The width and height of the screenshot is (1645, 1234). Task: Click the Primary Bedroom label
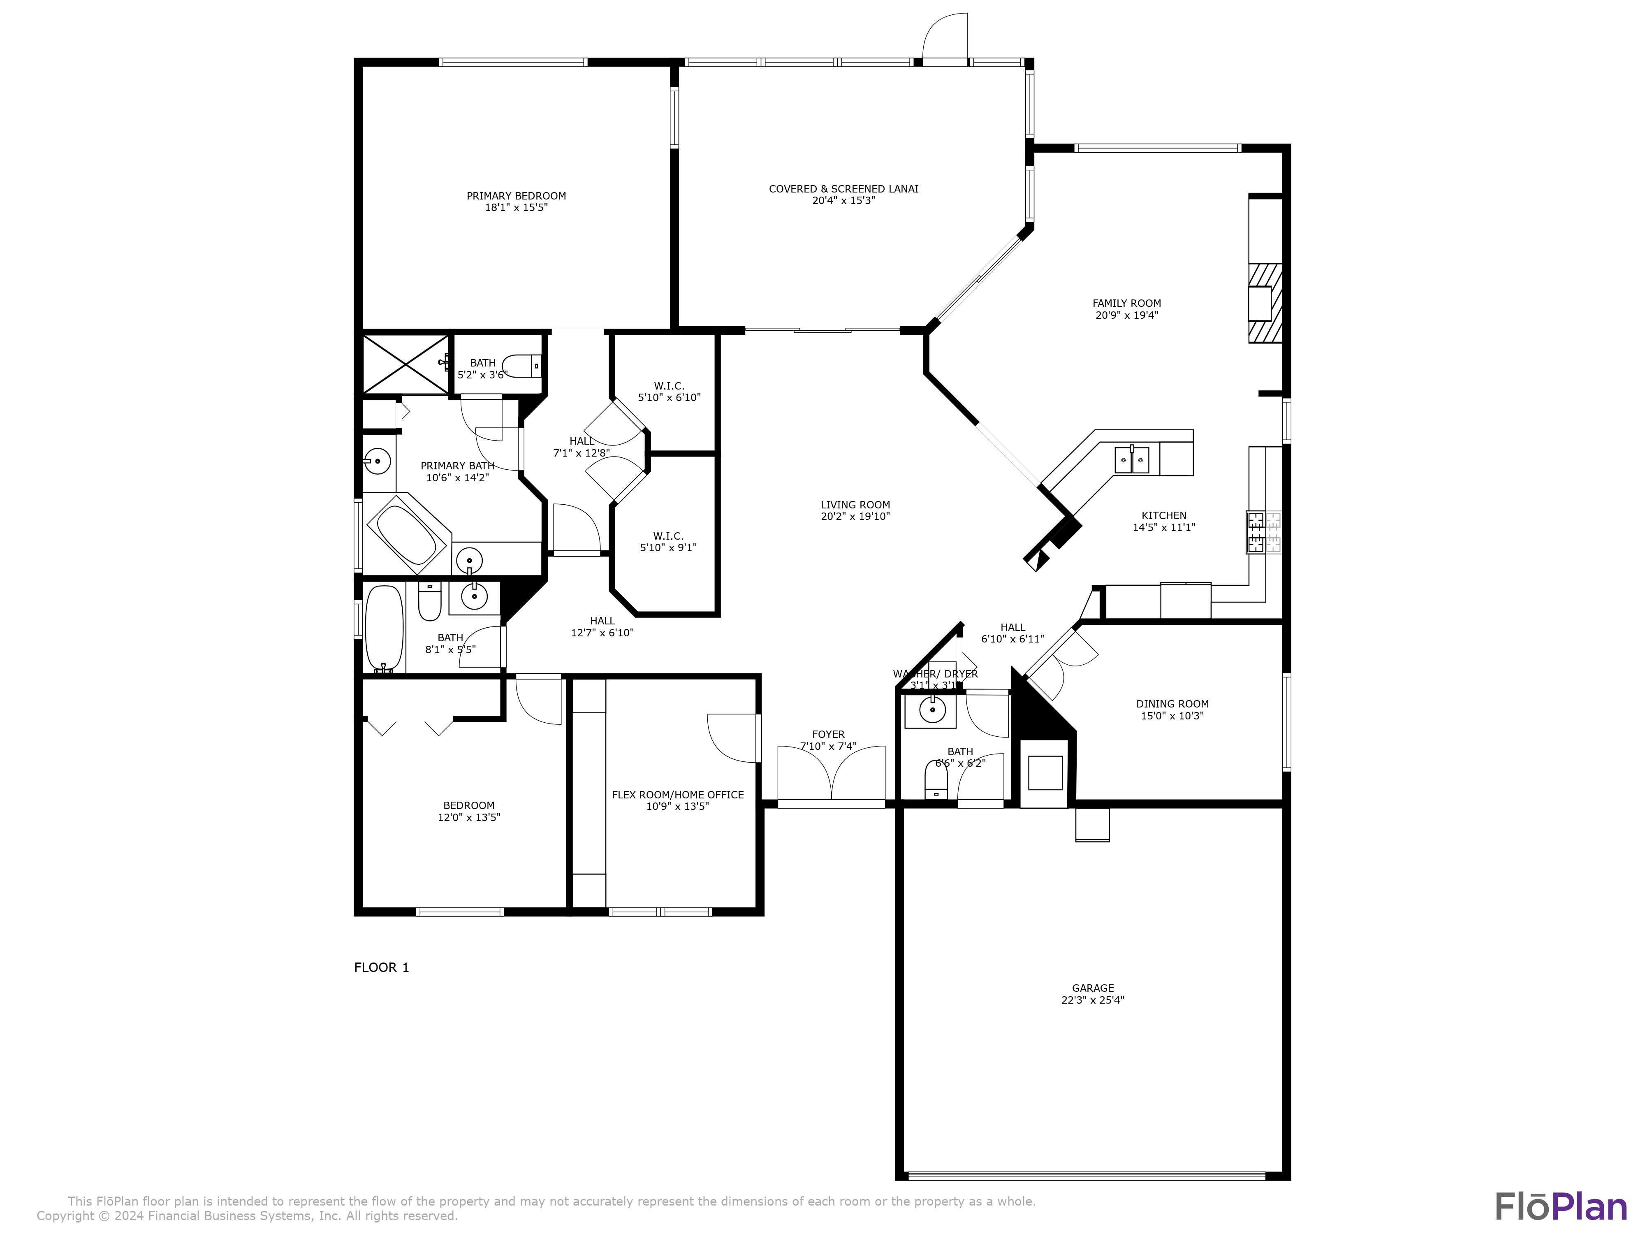(516, 196)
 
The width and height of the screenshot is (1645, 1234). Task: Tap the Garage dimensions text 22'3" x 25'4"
(1092, 1000)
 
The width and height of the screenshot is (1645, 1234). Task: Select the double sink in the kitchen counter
(1132, 460)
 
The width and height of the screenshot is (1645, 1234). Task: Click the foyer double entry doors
(832, 774)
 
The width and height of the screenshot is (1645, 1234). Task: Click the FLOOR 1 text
(382, 967)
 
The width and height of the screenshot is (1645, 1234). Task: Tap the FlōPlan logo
(1560, 1206)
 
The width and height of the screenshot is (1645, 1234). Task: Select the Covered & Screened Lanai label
(843, 189)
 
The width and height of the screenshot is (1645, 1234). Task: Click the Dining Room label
(1172, 704)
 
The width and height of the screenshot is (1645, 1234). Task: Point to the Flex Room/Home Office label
(677, 794)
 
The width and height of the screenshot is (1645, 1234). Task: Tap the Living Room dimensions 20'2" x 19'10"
(855, 516)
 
